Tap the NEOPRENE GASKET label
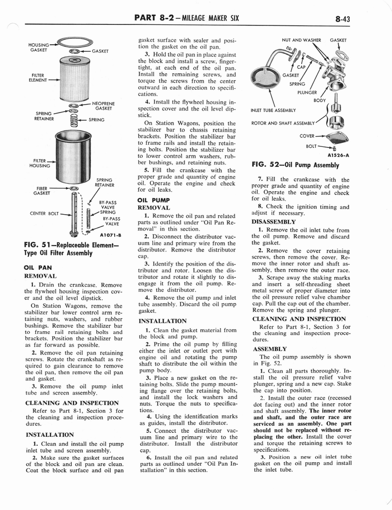click(103, 106)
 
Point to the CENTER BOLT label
click(44, 214)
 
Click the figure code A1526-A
click(339, 155)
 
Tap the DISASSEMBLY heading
click(274, 222)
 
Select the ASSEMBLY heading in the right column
click(269, 349)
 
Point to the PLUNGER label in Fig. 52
click(307, 92)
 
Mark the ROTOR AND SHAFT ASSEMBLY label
click(283, 123)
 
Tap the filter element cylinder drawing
click(74, 78)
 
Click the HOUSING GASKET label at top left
click(38, 47)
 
